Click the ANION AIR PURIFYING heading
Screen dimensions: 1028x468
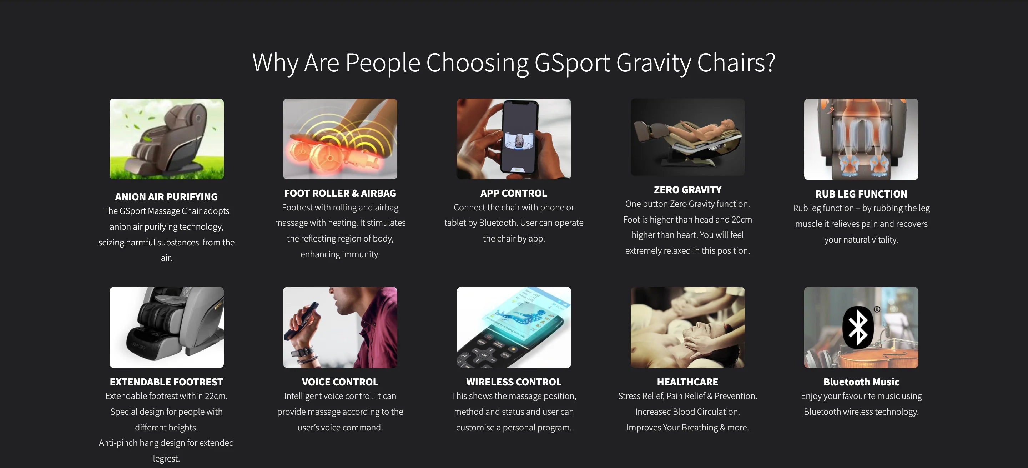(x=166, y=197)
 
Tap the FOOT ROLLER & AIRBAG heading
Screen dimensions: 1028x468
(x=340, y=193)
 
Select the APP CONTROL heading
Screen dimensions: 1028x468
(x=514, y=193)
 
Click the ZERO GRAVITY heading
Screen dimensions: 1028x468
(x=687, y=190)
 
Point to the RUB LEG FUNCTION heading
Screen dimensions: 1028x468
(x=861, y=194)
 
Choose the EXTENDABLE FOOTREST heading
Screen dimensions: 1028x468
(x=166, y=382)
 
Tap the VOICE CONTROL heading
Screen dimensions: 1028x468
(x=340, y=382)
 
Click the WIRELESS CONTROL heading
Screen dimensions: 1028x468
(x=514, y=382)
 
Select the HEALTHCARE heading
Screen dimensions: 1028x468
(x=687, y=382)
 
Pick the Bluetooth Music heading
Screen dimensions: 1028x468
(x=861, y=382)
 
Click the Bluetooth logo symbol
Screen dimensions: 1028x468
(x=858, y=328)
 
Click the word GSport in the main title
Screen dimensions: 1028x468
(x=572, y=63)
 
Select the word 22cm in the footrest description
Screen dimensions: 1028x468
(x=216, y=396)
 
